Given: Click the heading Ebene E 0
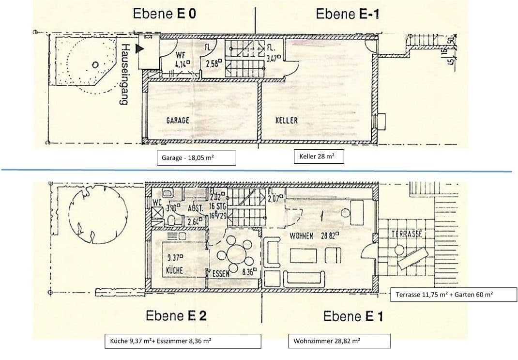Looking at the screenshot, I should (x=164, y=13).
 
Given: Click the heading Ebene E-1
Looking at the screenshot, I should (x=348, y=14).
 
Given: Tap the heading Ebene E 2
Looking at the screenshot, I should (x=176, y=316).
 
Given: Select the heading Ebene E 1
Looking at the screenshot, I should (x=353, y=316).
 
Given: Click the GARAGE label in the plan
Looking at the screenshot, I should (x=178, y=120).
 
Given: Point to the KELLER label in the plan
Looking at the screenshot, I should (x=287, y=120).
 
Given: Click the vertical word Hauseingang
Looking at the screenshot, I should (x=125, y=75).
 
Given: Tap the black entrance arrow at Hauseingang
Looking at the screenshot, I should (x=140, y=48).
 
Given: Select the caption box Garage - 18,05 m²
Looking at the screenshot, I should (x=196, y=158).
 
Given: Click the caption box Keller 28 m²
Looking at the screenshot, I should (x=319, y=157).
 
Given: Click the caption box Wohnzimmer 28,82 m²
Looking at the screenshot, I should (x=339, y=341).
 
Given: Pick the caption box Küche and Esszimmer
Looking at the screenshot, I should (x=183, y=341).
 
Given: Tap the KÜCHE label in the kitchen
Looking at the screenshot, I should (x=174, y=270).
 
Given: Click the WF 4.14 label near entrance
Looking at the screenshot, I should (x=182, y=59).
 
